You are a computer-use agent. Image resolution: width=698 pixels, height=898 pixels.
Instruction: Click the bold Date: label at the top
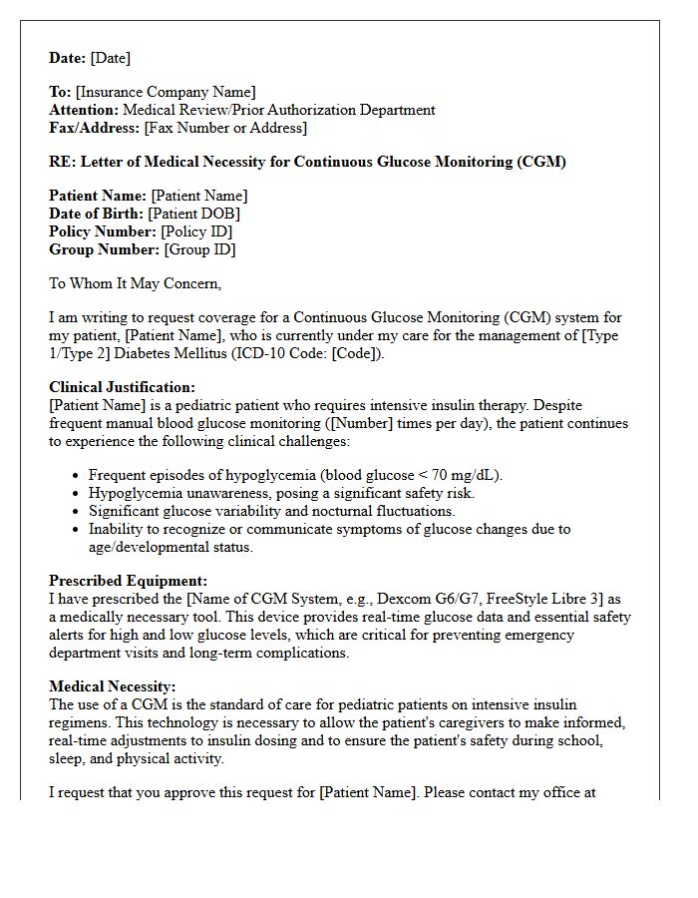click(x=68, y=58)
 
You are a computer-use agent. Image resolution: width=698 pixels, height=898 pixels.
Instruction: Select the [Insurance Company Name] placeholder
click(x=166, y=93)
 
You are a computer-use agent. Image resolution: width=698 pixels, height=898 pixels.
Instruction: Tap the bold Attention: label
click(x=84, y=110)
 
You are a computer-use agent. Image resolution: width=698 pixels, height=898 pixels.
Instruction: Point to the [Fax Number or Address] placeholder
click(x=225, y=128)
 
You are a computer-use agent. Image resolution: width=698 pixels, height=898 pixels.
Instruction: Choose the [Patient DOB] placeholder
click(x=193, y=214)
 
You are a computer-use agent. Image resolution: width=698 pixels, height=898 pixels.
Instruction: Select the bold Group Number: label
click(x=104, y=249)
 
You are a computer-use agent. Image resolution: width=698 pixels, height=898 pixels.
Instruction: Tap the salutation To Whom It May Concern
click(x=135, y=283)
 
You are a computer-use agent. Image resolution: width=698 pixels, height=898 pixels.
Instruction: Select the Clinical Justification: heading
click(x=122, y=387)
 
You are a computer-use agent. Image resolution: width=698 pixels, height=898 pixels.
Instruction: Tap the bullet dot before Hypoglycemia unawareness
click(x=77, y=493)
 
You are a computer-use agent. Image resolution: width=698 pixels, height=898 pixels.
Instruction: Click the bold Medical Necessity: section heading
click(x=112, y=686)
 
